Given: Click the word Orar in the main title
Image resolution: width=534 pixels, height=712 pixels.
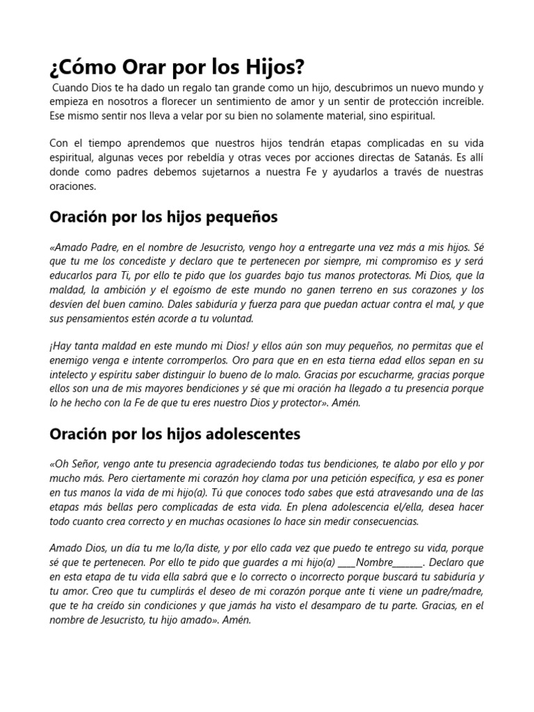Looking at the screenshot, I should (x=140, y=68).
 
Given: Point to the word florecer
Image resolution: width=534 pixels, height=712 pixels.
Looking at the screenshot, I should (x=181, y=102).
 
